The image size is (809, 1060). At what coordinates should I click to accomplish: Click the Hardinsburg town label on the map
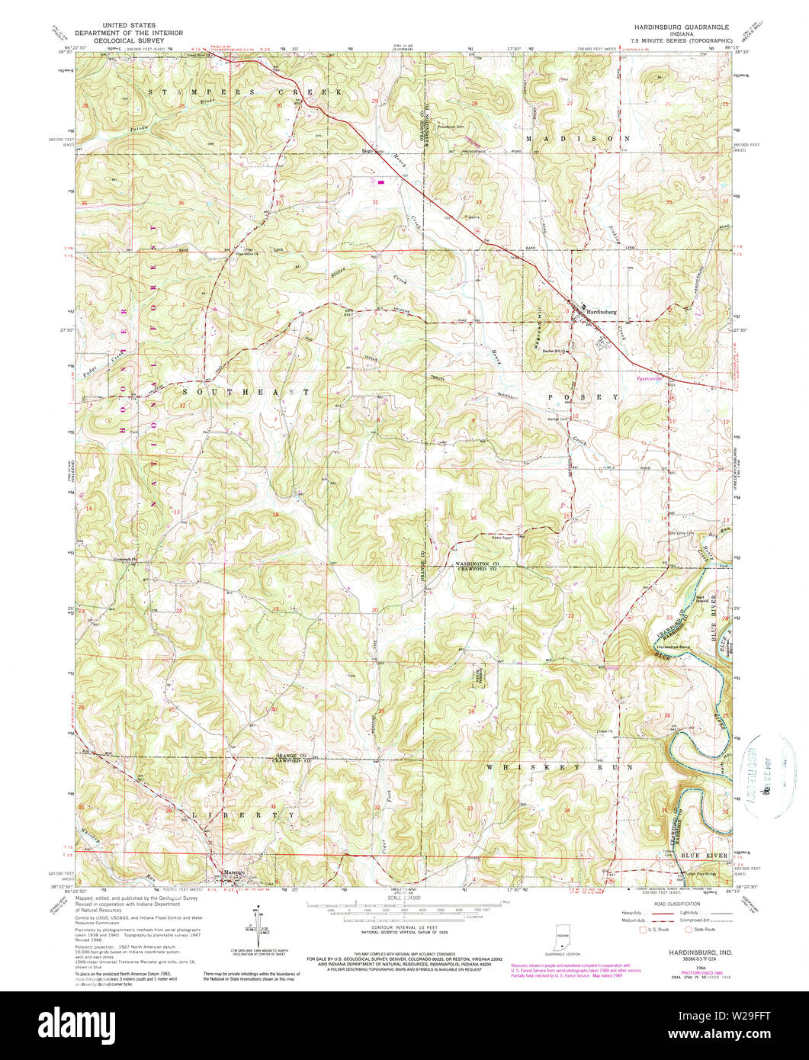tap(600, 312)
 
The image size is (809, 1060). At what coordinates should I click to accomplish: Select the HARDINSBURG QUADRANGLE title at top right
tap(680, 27)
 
